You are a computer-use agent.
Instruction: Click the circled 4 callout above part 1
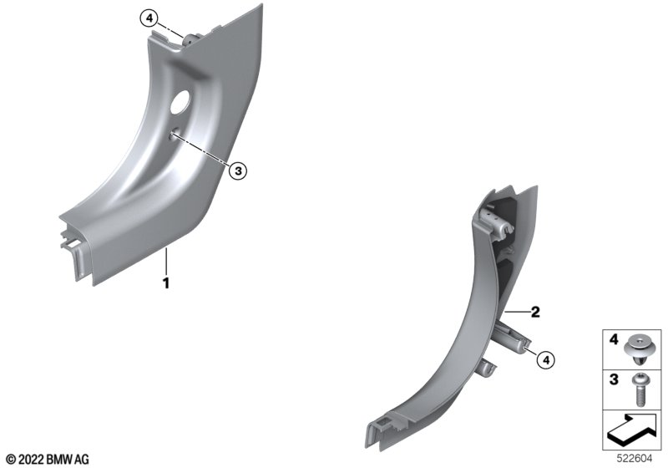click(x=149, y=18)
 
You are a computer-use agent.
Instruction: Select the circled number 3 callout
click(x=238, y=171)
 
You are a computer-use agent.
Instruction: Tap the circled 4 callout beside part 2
click(x=546, y=360)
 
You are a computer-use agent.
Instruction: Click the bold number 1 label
click(x=166, y=282)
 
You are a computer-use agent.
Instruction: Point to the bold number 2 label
click(x=535, y=312)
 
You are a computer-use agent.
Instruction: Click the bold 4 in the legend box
click(x=614, y=339)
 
